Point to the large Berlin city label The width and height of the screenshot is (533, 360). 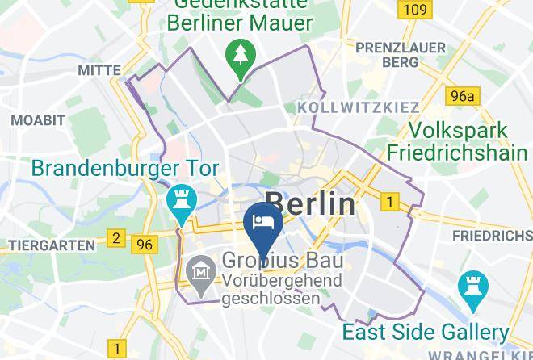coord(310,203)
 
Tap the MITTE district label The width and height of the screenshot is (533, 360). coord(99,71)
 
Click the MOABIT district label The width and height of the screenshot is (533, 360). coord(37,120)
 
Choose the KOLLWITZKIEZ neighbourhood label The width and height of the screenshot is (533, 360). coord(359,107)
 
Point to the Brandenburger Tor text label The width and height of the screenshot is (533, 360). coord(125,170)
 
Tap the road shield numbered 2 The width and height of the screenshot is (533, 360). coord(116,238)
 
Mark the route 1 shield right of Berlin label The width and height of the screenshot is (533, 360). coord(391,201)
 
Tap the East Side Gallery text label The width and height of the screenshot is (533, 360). coord(426,332)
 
